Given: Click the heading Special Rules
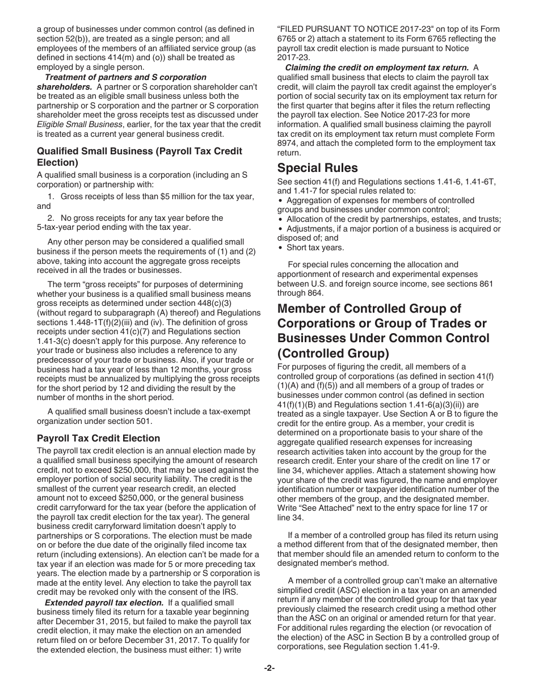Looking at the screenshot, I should [317, 168].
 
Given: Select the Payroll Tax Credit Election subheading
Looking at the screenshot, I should [98, 438].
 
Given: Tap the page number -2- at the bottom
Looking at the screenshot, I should [269, 668].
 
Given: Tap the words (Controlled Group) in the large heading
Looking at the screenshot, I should [333, 353].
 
